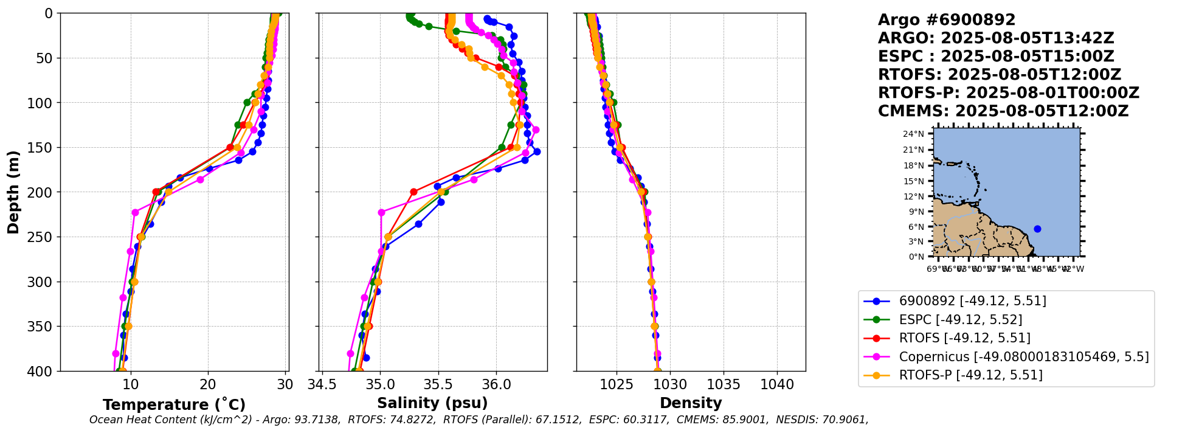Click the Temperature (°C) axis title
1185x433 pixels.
click(x=174, y=404)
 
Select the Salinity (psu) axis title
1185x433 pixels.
click(x=432, y=403)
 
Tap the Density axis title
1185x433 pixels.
click(x=691, y=403)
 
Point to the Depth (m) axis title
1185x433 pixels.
click(x=13, y=192)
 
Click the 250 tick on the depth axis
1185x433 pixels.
click(x=43, y=237)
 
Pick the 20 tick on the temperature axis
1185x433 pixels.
click(x=208, y=384)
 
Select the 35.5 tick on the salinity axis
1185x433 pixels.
click(x=438, y=384)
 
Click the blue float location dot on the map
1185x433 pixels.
click(x=1037, y=229)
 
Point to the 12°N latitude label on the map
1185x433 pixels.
click(x=914, y=196)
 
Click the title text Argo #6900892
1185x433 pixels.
click(x=946, y=20)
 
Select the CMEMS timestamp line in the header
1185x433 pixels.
click(x=1003, y=111)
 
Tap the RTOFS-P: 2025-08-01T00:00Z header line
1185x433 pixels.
click(x=1008, y=93)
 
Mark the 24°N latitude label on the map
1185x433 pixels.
click(x=914, y=134)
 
